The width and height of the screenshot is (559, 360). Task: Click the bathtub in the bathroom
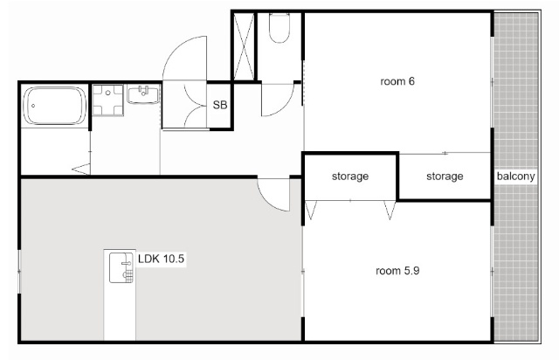(54, 106)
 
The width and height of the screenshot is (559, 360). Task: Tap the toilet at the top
(279, 28)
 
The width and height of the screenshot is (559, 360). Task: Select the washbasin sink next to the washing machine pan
(143, 94)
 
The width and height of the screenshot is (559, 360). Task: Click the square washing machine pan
(107, 100)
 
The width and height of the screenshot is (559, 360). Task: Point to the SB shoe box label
(220, 105)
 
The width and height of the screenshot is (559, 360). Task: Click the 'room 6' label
(397, 81)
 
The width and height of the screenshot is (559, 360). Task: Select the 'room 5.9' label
(397, 271)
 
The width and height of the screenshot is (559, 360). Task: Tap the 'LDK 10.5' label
(161, 259)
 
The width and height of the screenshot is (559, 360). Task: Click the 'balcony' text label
(516, 177)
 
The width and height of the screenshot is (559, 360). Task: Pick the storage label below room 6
(445, 177)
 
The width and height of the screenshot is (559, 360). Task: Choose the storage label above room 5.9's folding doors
(350, 177)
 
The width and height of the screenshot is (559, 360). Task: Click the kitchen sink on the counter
(121, 267)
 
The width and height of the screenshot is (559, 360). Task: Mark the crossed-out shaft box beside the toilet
(244, 46)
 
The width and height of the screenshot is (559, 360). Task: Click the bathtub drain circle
(33, 106)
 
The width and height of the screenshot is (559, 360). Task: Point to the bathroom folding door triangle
(81, 169)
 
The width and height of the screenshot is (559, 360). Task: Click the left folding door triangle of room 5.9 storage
(311, 210)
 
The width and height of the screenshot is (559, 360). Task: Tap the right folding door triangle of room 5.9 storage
(390, 210)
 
